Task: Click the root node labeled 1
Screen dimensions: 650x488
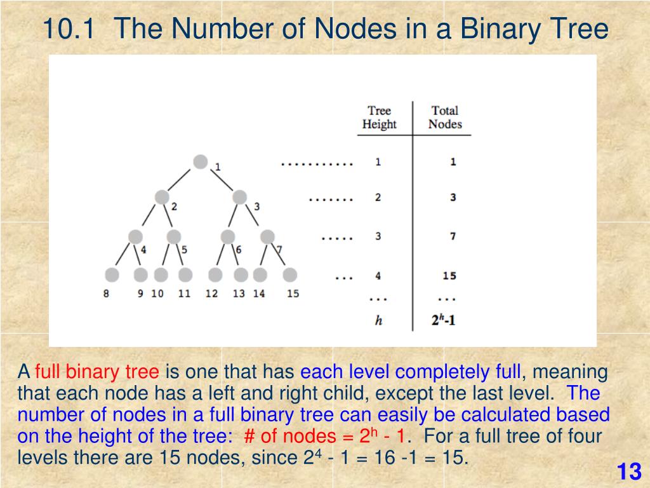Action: pos(201,162)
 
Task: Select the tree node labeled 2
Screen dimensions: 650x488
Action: pos(162,198)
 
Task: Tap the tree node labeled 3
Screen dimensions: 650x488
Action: pos(239,198)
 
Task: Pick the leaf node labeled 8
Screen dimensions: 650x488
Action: pos(112,275)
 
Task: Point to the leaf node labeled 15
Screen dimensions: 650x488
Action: pos(290,275)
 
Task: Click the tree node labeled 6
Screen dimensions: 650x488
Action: pos(228,237)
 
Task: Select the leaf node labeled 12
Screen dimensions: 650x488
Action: pos(216,275)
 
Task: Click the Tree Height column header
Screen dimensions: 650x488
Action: pos(379,118)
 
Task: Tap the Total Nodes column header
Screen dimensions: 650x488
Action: pos(445,118)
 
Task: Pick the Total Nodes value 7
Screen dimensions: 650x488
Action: pos(453,236)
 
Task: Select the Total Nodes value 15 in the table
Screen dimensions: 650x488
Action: pos(449,276)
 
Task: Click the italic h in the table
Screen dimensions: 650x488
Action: pos(378,321)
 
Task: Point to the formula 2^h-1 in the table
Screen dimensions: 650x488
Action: pos(444,320)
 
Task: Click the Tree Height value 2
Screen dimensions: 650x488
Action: pos(378,198)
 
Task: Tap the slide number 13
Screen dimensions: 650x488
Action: pos(629,472)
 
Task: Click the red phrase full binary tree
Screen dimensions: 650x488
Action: pos(97,372)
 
